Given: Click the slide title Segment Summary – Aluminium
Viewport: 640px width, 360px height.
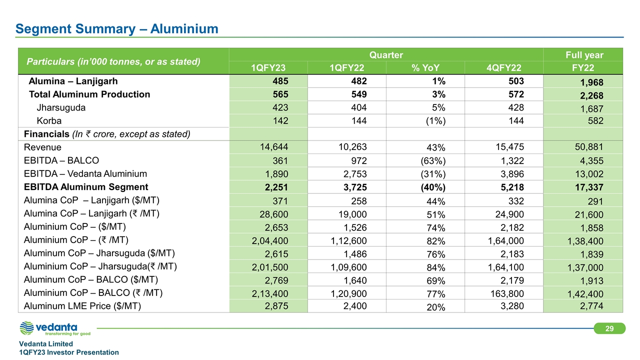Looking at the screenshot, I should click(x=117, y=29).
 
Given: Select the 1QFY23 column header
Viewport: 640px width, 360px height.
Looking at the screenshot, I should click(x=268, y=68).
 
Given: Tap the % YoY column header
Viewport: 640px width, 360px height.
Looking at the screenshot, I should click(x=425, y=68).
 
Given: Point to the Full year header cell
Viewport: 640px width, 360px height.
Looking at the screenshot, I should click(x=583, y=55).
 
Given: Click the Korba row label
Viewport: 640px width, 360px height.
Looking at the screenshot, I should click(x=49, y=120).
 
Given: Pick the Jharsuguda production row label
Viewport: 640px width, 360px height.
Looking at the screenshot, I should click(x=58, y=107).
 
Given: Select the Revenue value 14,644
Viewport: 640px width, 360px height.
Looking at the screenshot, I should click(x=271, y=147).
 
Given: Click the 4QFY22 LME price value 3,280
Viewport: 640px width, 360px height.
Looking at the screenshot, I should click(x=511, y=306).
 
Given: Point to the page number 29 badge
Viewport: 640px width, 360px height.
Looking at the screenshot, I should click(x=609, y=328).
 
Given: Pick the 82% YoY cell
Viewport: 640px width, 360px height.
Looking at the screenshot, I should click(x=435, y=241).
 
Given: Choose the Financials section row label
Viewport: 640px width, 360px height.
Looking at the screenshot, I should click(x=107, y=134).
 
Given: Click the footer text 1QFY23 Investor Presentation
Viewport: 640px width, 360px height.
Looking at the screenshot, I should click(x=69, y=352).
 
